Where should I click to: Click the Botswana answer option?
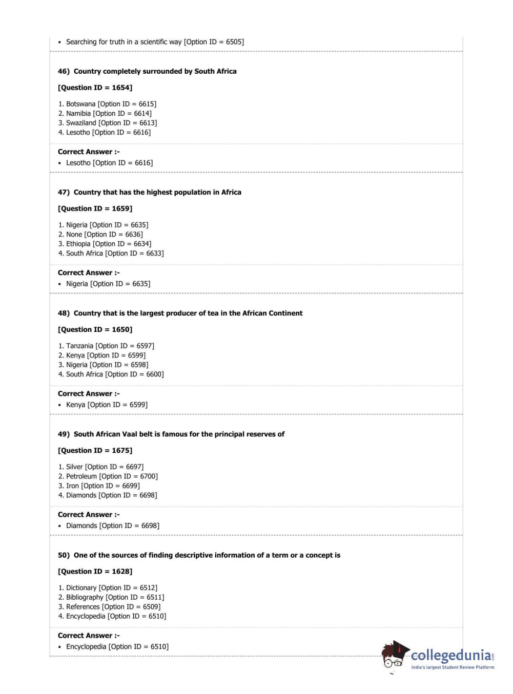click(x=107, y=104)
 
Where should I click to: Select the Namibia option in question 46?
click(x=105, y=114)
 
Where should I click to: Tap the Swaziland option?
click(x=108, y=123)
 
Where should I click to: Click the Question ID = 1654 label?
click(x=95, y=88)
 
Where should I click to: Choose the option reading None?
click(x=100, y=235)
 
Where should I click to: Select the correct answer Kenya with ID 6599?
click(x=107, y=405)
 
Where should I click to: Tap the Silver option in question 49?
click(x=100, y=467)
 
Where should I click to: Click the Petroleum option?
click(x=108, y=476)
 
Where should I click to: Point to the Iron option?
click(x=98, y=486)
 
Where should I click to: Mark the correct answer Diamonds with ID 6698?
click(x=112, y=526)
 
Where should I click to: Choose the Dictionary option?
click(x=108, y=588)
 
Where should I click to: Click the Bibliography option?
click(x=111, y=597)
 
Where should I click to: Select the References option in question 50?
click(x=109, y=607)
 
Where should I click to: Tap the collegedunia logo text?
click(x=451, y=656)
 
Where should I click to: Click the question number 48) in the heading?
click(x=64, y=313)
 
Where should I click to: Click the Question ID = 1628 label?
click(x=95, y=572)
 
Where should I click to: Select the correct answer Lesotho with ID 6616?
click(x=109, y=163)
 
